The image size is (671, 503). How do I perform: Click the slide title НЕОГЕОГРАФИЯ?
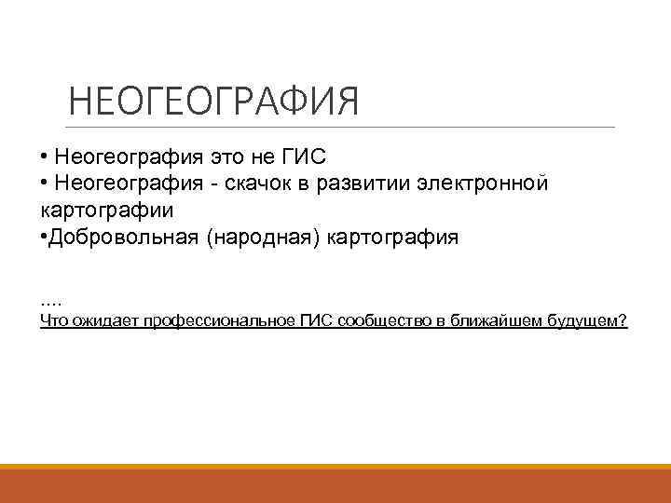point(213,102)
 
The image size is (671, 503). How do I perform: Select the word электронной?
point(485,183)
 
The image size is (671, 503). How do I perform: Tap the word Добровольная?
point(123,237)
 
